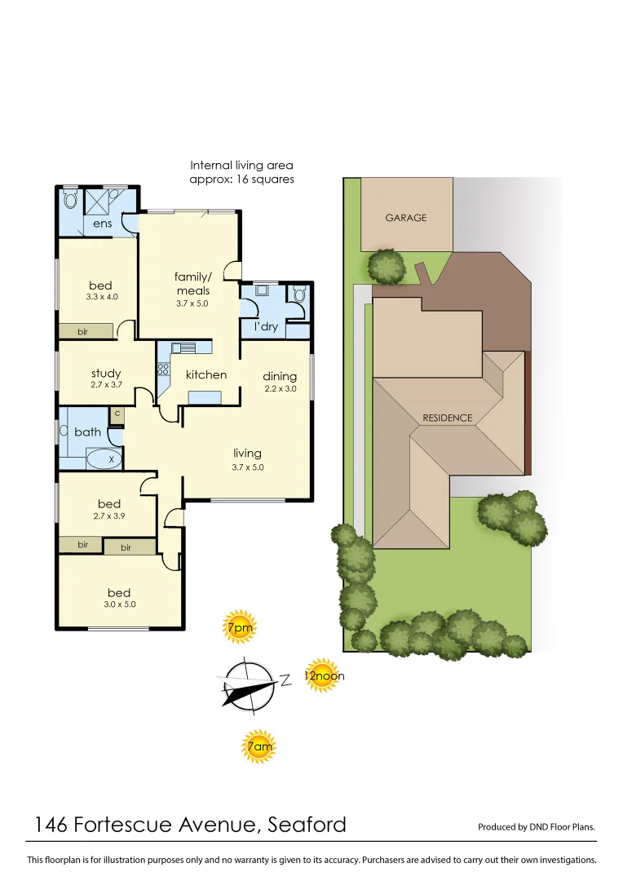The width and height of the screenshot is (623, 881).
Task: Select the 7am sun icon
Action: pyautogui.click(x=258, y=746)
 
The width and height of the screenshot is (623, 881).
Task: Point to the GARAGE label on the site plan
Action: pyautogui.click(x=406, y=218)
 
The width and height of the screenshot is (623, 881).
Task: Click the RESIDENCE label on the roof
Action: pyautogui.click(x=447, y=418)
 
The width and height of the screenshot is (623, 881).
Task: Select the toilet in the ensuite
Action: pyautogui.click(x=70, y=198)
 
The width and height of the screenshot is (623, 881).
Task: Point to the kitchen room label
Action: pyautogui.click(x=206, y=374)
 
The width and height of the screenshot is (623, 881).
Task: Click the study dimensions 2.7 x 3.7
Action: pyautogui.click(x=106, y=384)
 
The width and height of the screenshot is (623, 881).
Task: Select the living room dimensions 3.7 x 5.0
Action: pyautogui.click(x=247, y=467)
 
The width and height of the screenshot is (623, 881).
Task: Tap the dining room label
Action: pyautogui.click(x=280, y=376)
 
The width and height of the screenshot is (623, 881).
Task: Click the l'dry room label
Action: pyautogui.click(x=265, y=327)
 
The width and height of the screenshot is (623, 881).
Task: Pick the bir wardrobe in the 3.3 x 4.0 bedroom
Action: pyautogui.click(x=84, y=331)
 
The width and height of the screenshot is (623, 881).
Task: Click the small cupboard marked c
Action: pyautogui.click(x=117, y=414)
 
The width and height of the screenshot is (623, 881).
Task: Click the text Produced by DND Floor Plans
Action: pyautogui.click(x=536, y=826)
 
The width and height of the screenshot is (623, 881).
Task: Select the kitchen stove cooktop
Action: pyautogui.click(x=162, y=369)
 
